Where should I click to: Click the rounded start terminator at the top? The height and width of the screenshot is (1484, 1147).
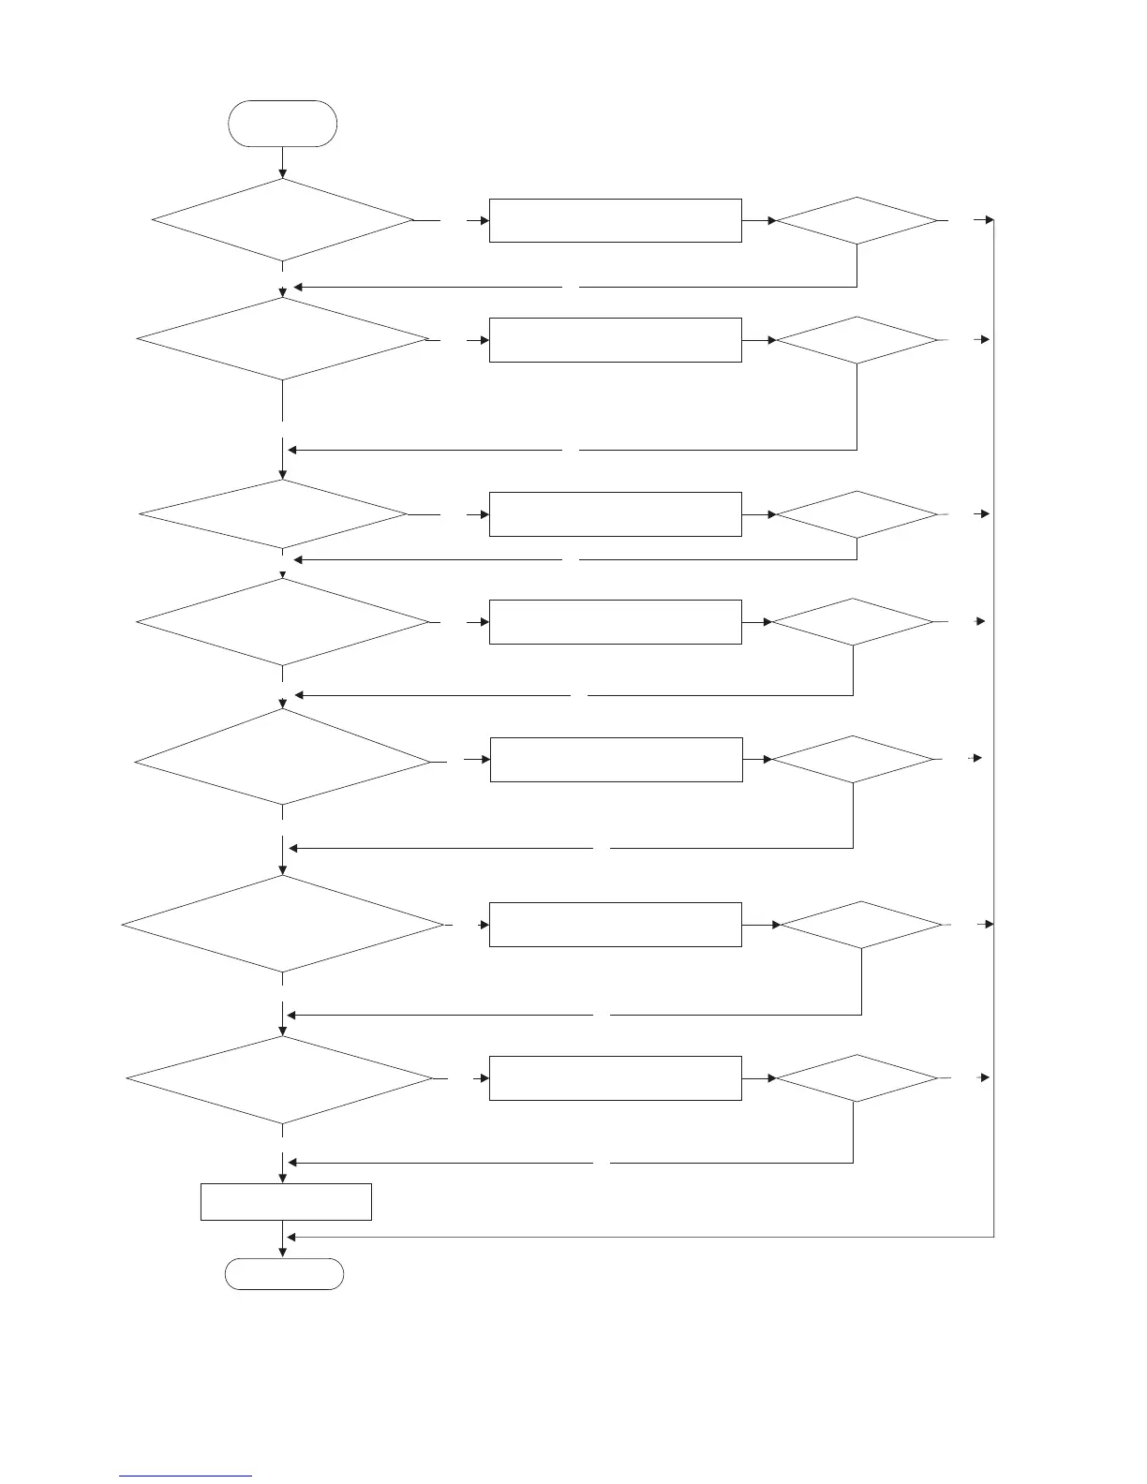[282, 124]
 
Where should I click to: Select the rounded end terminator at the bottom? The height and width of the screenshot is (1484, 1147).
[284, 1274]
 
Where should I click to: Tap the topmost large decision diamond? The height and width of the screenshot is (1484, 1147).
[282, 220]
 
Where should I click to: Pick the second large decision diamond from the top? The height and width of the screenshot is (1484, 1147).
[282, 339]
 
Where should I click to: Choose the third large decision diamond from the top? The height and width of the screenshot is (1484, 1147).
[274, 514]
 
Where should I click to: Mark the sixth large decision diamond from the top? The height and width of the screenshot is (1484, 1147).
[282, 925]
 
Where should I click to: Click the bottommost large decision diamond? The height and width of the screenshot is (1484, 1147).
[279, 1079]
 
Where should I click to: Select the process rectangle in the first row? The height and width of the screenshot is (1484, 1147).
[615, 221]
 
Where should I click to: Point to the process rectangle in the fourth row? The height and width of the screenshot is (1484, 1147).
[615, 622]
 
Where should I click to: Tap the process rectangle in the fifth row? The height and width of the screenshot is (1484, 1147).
[617, 759]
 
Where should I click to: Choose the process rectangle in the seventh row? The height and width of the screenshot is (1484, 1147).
[615, 1078]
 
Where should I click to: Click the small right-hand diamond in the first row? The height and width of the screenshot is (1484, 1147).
[857, 221]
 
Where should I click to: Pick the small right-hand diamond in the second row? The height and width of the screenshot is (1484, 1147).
[857, 339]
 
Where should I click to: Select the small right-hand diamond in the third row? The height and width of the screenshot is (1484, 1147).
[857, 514]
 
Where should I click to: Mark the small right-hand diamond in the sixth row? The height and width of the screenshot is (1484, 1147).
[861, 925]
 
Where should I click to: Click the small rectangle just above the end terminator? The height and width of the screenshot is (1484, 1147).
[286, 1202]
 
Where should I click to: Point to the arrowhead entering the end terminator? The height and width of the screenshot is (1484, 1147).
[283, 1253]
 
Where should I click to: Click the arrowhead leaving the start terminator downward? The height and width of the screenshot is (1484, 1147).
[283, 173]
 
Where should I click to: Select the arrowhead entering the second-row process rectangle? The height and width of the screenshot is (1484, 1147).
[484, 339]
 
